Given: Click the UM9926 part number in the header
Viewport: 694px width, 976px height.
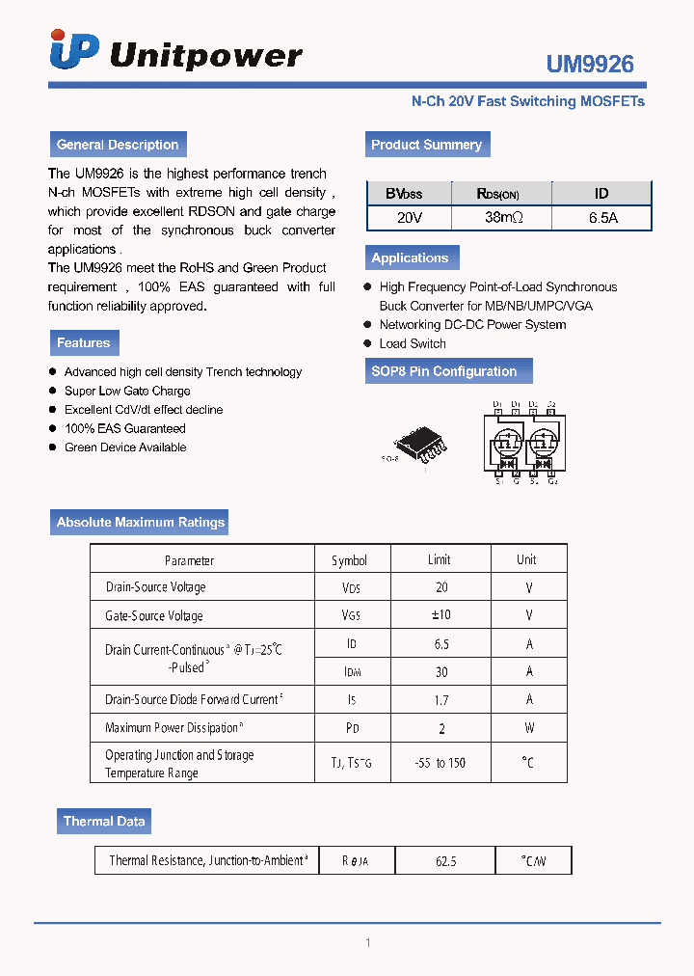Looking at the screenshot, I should pos(590,65).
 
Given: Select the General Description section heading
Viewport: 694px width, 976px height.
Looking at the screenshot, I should pos(118,145).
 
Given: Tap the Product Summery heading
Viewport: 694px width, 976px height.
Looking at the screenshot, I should pos(426,145).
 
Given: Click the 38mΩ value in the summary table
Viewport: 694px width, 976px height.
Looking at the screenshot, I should pos(504,218).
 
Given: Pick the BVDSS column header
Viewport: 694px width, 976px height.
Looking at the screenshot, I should pos(404,194).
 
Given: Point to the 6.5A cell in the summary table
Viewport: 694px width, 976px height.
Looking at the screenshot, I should pos(602,218).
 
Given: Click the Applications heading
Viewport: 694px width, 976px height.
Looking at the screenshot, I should pos(410,258).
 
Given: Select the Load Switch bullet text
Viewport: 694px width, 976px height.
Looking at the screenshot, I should pos(413,343).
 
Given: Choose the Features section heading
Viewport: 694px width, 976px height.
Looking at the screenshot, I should pos(84,342).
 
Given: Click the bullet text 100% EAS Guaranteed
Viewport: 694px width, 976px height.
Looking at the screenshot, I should pos(124,428).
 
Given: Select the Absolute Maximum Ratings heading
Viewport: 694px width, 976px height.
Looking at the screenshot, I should pos(141,522).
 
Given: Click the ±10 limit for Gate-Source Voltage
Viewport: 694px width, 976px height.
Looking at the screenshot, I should pos(440,615).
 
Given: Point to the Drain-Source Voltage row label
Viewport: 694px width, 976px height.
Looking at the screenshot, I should pos(155,587).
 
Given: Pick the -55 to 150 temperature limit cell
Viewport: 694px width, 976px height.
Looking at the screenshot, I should pos(441,763).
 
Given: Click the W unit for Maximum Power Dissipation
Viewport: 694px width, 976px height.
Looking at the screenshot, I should pos(528,728).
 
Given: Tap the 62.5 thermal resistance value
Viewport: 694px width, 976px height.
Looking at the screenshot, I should pos(445,860).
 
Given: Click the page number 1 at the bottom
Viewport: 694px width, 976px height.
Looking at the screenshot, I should pos(367,942).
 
